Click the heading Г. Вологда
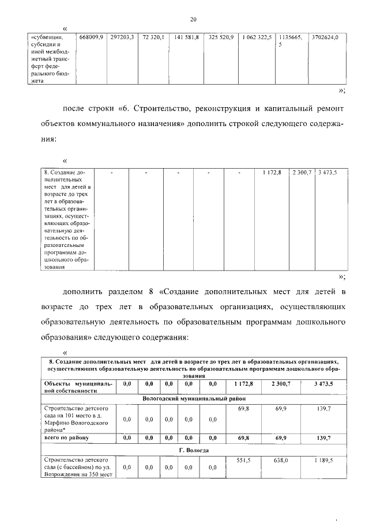pyautogui.click(x=194, y=450)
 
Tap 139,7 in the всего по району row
pyautogui.click(x=325, y=438)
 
